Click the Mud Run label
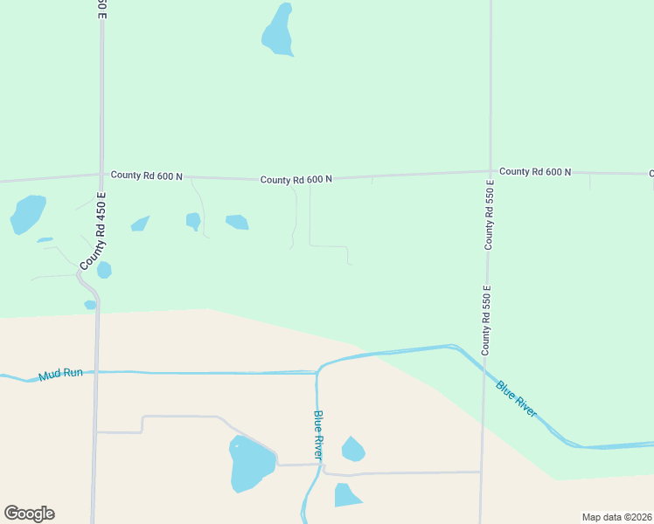pos(60,374)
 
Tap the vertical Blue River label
pos(318,436)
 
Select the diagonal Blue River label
pos(516,399)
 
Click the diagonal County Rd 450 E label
pos(92,231)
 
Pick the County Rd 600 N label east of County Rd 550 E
pos(535,172)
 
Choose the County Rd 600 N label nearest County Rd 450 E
pos(146,176)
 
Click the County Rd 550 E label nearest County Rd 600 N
pos(489,215)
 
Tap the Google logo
pos(29,514)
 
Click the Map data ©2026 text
pos(616,517)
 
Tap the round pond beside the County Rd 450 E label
pos(104,270)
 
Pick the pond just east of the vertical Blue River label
pos(352,450)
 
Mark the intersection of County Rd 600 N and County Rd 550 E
pos(490,171)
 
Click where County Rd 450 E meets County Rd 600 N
pos(101,174)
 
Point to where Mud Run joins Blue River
pos(317,373)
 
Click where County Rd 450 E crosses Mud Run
pos(96,371)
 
